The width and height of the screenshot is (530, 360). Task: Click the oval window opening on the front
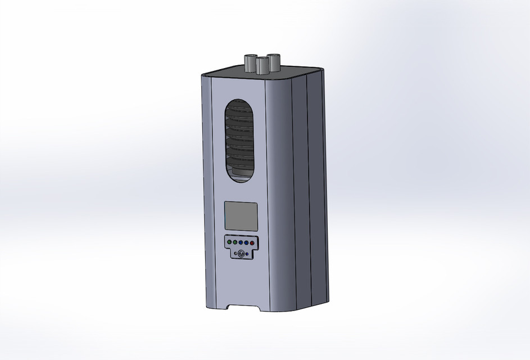(239, 141)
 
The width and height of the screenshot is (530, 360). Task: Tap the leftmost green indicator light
(229, 242)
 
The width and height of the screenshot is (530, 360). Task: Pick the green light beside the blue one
(235, 242)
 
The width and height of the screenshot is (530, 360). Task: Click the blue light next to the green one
(241, 242)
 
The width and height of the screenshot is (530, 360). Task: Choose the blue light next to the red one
(246, 242)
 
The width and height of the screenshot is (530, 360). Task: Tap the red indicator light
(252, 242)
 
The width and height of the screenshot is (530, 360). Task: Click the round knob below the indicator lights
(241, 254)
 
